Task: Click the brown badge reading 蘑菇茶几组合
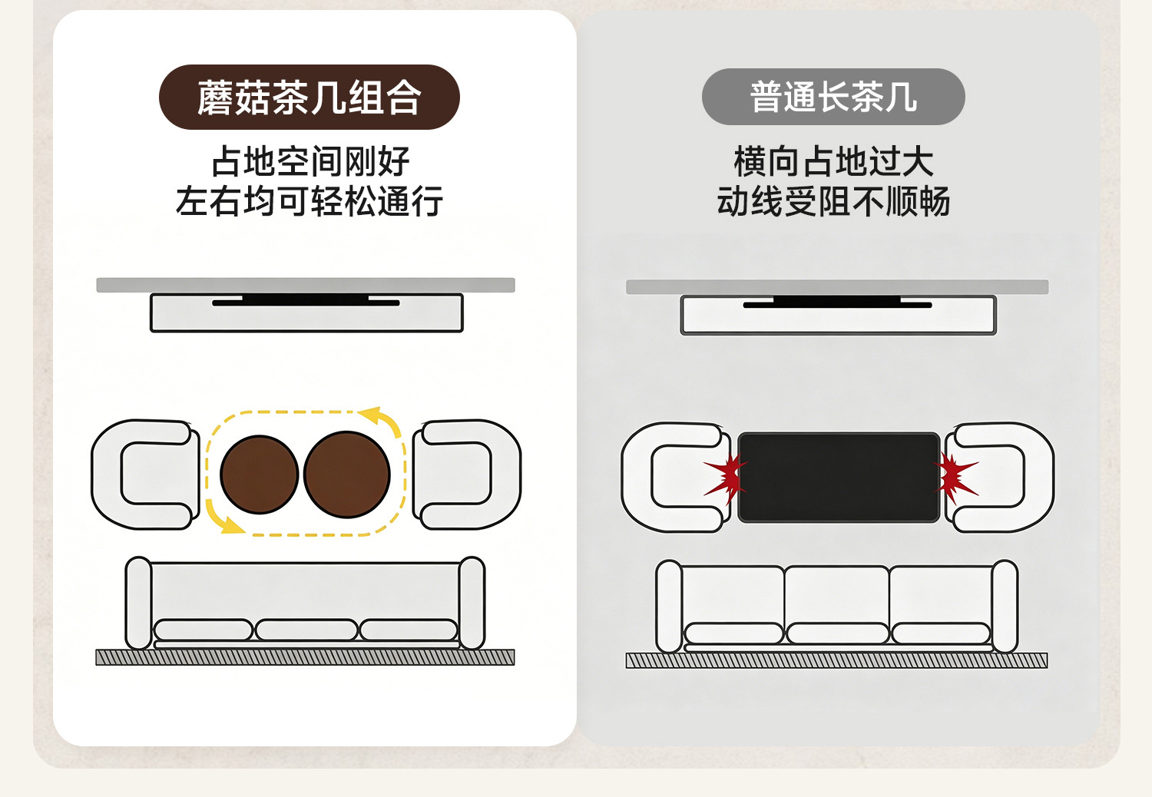(x=309, y=98)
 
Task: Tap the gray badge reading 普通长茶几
(x=833, y=97)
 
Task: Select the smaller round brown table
(x=260, y=475)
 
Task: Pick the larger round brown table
(x=346, y=474)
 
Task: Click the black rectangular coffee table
(x=839, y=478)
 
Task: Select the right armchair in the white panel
(x=507, y=475)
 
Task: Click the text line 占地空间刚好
(x=310, y=161)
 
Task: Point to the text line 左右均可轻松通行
(x=309, y=201)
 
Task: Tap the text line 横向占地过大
(x=833, y=161)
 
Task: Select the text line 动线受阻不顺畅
(x=833, y=201)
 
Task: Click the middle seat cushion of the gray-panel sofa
(x=837, y=633)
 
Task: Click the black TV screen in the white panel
(x=306, y=299)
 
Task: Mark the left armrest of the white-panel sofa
(x=138, y=603)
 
